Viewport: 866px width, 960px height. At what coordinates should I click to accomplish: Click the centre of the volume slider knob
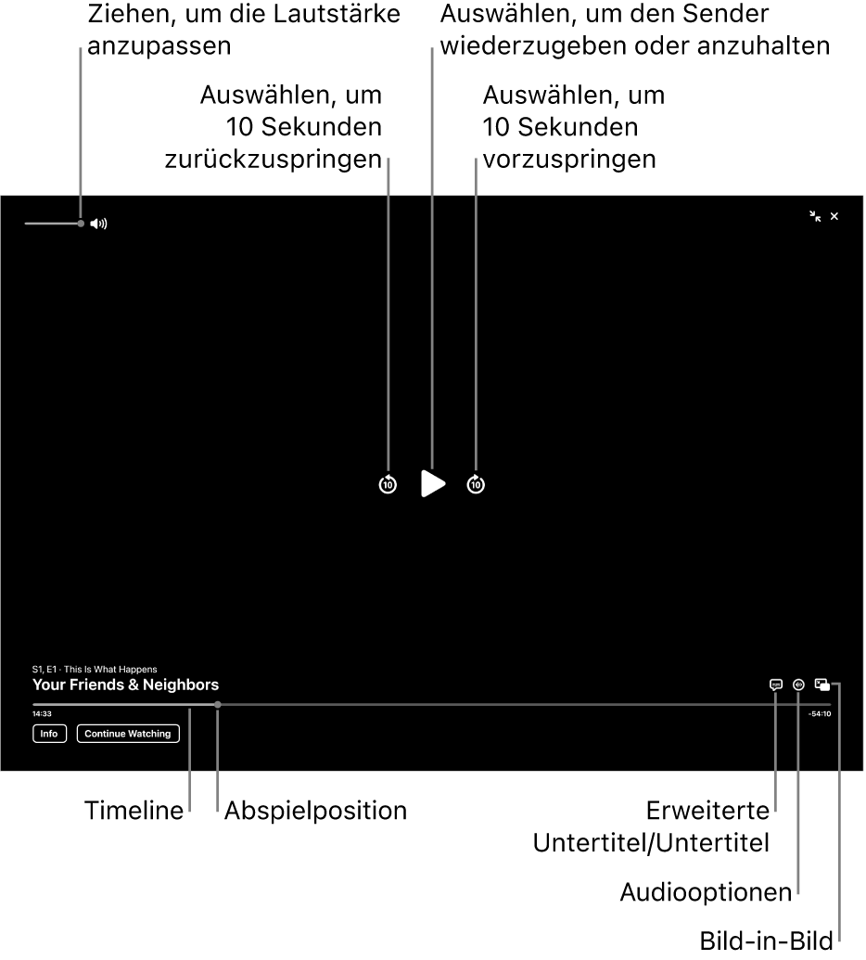(81, 224)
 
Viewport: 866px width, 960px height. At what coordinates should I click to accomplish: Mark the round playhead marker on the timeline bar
(217, 705)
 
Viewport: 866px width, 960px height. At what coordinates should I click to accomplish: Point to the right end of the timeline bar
(831, 705)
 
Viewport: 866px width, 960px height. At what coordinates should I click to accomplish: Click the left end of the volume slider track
(25, 224)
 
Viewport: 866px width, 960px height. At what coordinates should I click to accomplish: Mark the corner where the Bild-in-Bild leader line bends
(839, 685)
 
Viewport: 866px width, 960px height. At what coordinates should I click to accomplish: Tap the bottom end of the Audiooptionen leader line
(798, 898)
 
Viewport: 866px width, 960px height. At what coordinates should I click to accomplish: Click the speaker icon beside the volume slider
(98, 224)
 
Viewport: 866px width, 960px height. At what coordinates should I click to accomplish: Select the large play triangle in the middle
(433, 483)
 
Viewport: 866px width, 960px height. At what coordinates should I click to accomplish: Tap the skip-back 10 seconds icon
(388, 484)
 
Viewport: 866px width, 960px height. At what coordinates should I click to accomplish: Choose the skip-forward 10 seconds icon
(476, 484)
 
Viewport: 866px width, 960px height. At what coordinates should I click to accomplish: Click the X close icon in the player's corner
(834, 216)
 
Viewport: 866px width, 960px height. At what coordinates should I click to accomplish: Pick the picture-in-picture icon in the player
(821, 685)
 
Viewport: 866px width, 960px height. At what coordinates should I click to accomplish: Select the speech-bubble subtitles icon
(775, 685)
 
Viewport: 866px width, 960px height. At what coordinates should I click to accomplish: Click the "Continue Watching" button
(128, 734)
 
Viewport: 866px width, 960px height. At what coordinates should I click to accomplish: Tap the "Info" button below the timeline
(49, 734)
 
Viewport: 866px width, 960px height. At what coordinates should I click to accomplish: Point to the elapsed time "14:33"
(43, 714)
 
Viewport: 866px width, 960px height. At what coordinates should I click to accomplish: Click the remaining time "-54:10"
(820, 714)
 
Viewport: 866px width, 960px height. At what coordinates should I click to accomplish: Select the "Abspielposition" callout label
(316, 811)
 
